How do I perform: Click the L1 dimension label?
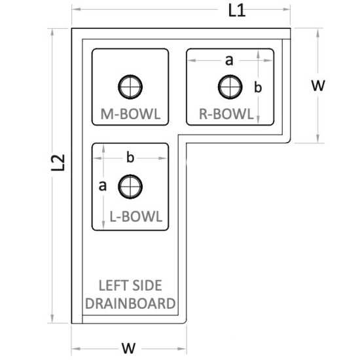coord(237,10)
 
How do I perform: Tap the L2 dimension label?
coord(58,162)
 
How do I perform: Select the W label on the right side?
coord(318,85)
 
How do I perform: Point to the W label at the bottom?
coord(128,348)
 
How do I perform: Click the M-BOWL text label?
coord(130,114)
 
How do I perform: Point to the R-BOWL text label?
coord(226,114)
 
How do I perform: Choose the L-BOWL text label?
coord(136,216)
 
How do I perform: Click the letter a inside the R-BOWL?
coord(229,60)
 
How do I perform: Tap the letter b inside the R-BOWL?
coord(258,87)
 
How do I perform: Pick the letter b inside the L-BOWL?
coord(130,158)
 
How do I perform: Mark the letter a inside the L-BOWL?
coord(102,186)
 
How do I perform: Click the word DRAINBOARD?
coord(130,303)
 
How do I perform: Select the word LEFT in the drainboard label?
coord(110,285)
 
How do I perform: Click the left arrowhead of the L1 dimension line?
coord(77,9)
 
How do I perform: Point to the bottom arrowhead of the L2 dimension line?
coord(52,319)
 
